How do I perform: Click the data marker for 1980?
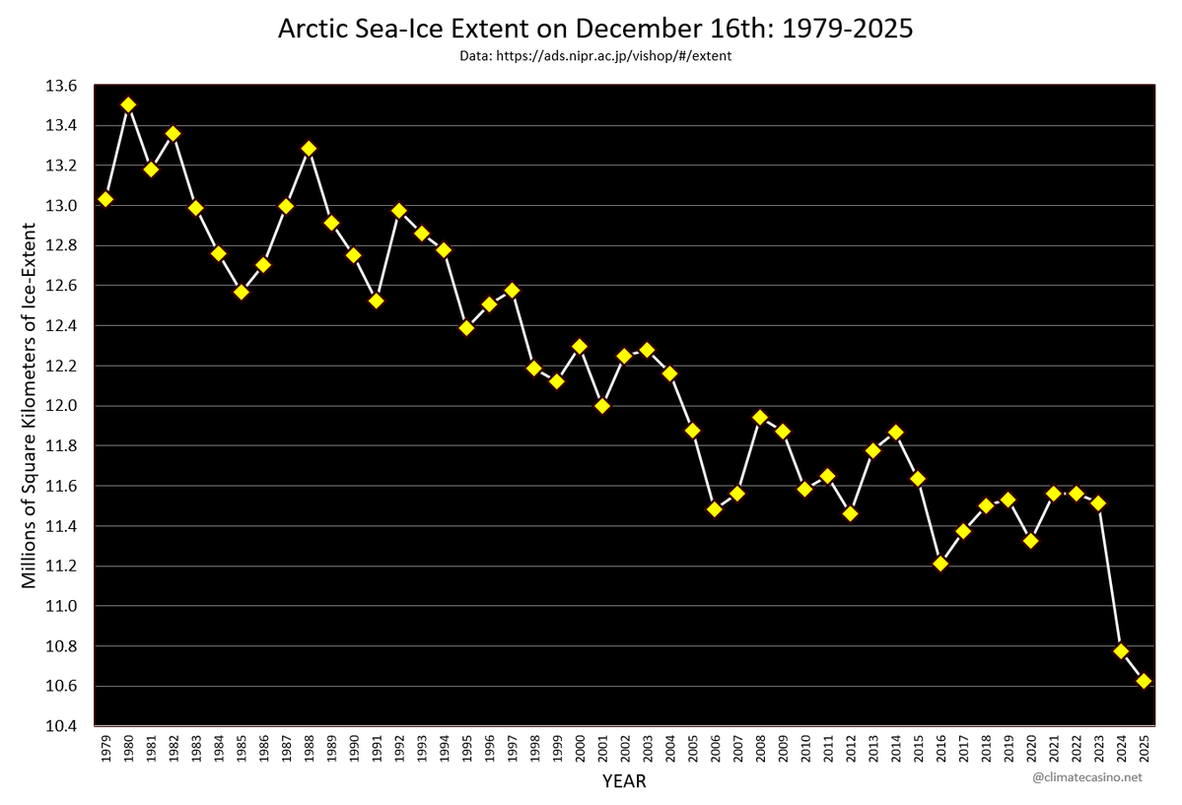tap(128, 104)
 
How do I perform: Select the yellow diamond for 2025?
tap(1144, 681)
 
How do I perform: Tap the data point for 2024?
tap(1121, 650)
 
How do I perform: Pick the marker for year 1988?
tap(309, 149)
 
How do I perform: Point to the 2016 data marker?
tap(940, 563)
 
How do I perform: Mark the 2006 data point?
tap(715, 508)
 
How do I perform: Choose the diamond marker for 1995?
tap(466, 328)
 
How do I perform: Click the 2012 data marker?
tap(851, 513)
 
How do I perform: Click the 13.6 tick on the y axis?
tap(61, 86)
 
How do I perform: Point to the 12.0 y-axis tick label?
tap(61, 406)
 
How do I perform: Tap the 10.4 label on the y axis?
tap(61, 726)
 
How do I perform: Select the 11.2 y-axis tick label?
tap(61, 567)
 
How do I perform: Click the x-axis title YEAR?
tap(624, 781)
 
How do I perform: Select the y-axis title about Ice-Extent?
tap(29, 406)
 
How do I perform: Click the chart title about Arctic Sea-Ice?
tap(595, 29)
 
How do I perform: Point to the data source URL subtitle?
tap(595, 56)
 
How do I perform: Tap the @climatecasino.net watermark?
tap(1087, 777)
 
